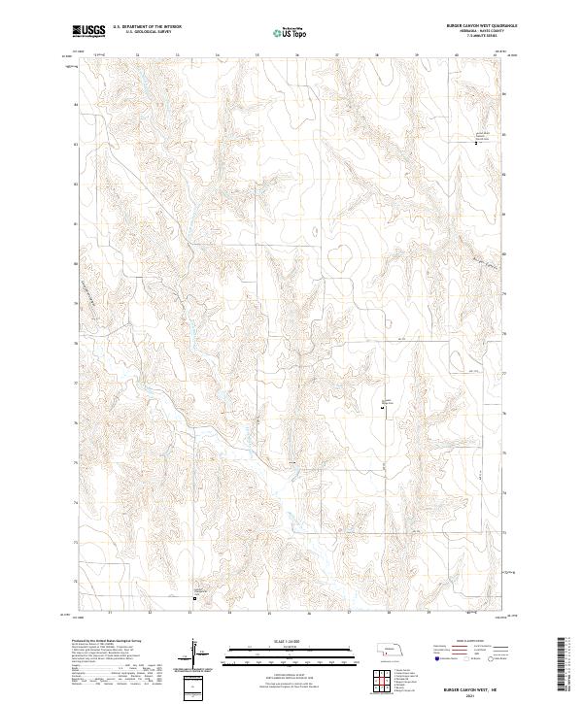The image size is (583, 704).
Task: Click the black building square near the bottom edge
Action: coord(193,598)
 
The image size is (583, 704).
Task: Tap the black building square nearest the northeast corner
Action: coord(476,143)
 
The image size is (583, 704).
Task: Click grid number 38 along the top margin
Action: coord(376,55)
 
